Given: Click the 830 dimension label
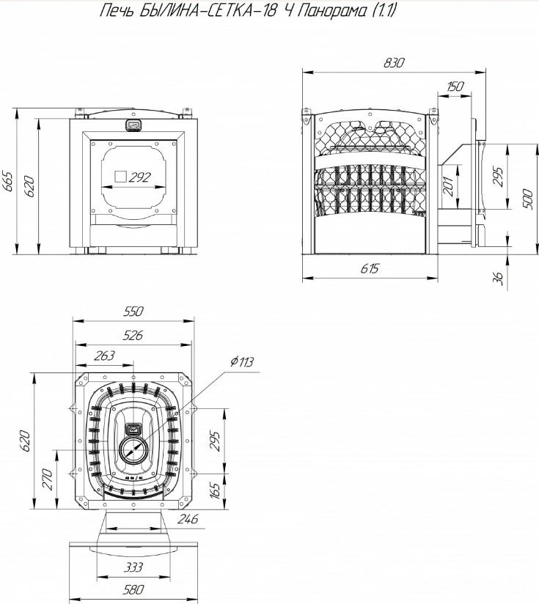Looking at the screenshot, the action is [x=394, y=62].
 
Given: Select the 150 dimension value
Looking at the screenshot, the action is [x=455, y=86].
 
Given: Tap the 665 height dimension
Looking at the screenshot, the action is [x=7, y=181].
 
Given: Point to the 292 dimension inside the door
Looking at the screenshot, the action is [x=139, y=177].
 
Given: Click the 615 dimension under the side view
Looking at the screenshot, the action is [x=370, y=268].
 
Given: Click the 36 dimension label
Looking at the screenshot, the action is [x=498, y=278].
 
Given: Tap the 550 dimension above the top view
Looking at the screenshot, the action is [x=133, y=312].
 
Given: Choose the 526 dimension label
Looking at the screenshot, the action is [x=133, y=335].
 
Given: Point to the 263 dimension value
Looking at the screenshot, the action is [x=104, y=356].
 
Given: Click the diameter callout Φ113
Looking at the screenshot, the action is [x=242, y=361].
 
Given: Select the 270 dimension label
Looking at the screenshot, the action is [x=47, y=479].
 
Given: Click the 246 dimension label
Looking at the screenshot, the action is [x=187, y=519].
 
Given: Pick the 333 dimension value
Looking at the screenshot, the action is [x=133, y=567].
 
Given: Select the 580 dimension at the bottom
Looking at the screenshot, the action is [x=133, y=590].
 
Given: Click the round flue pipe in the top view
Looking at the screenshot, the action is [x=133, y=449].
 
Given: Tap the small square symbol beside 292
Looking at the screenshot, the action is [x=120, y=177].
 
